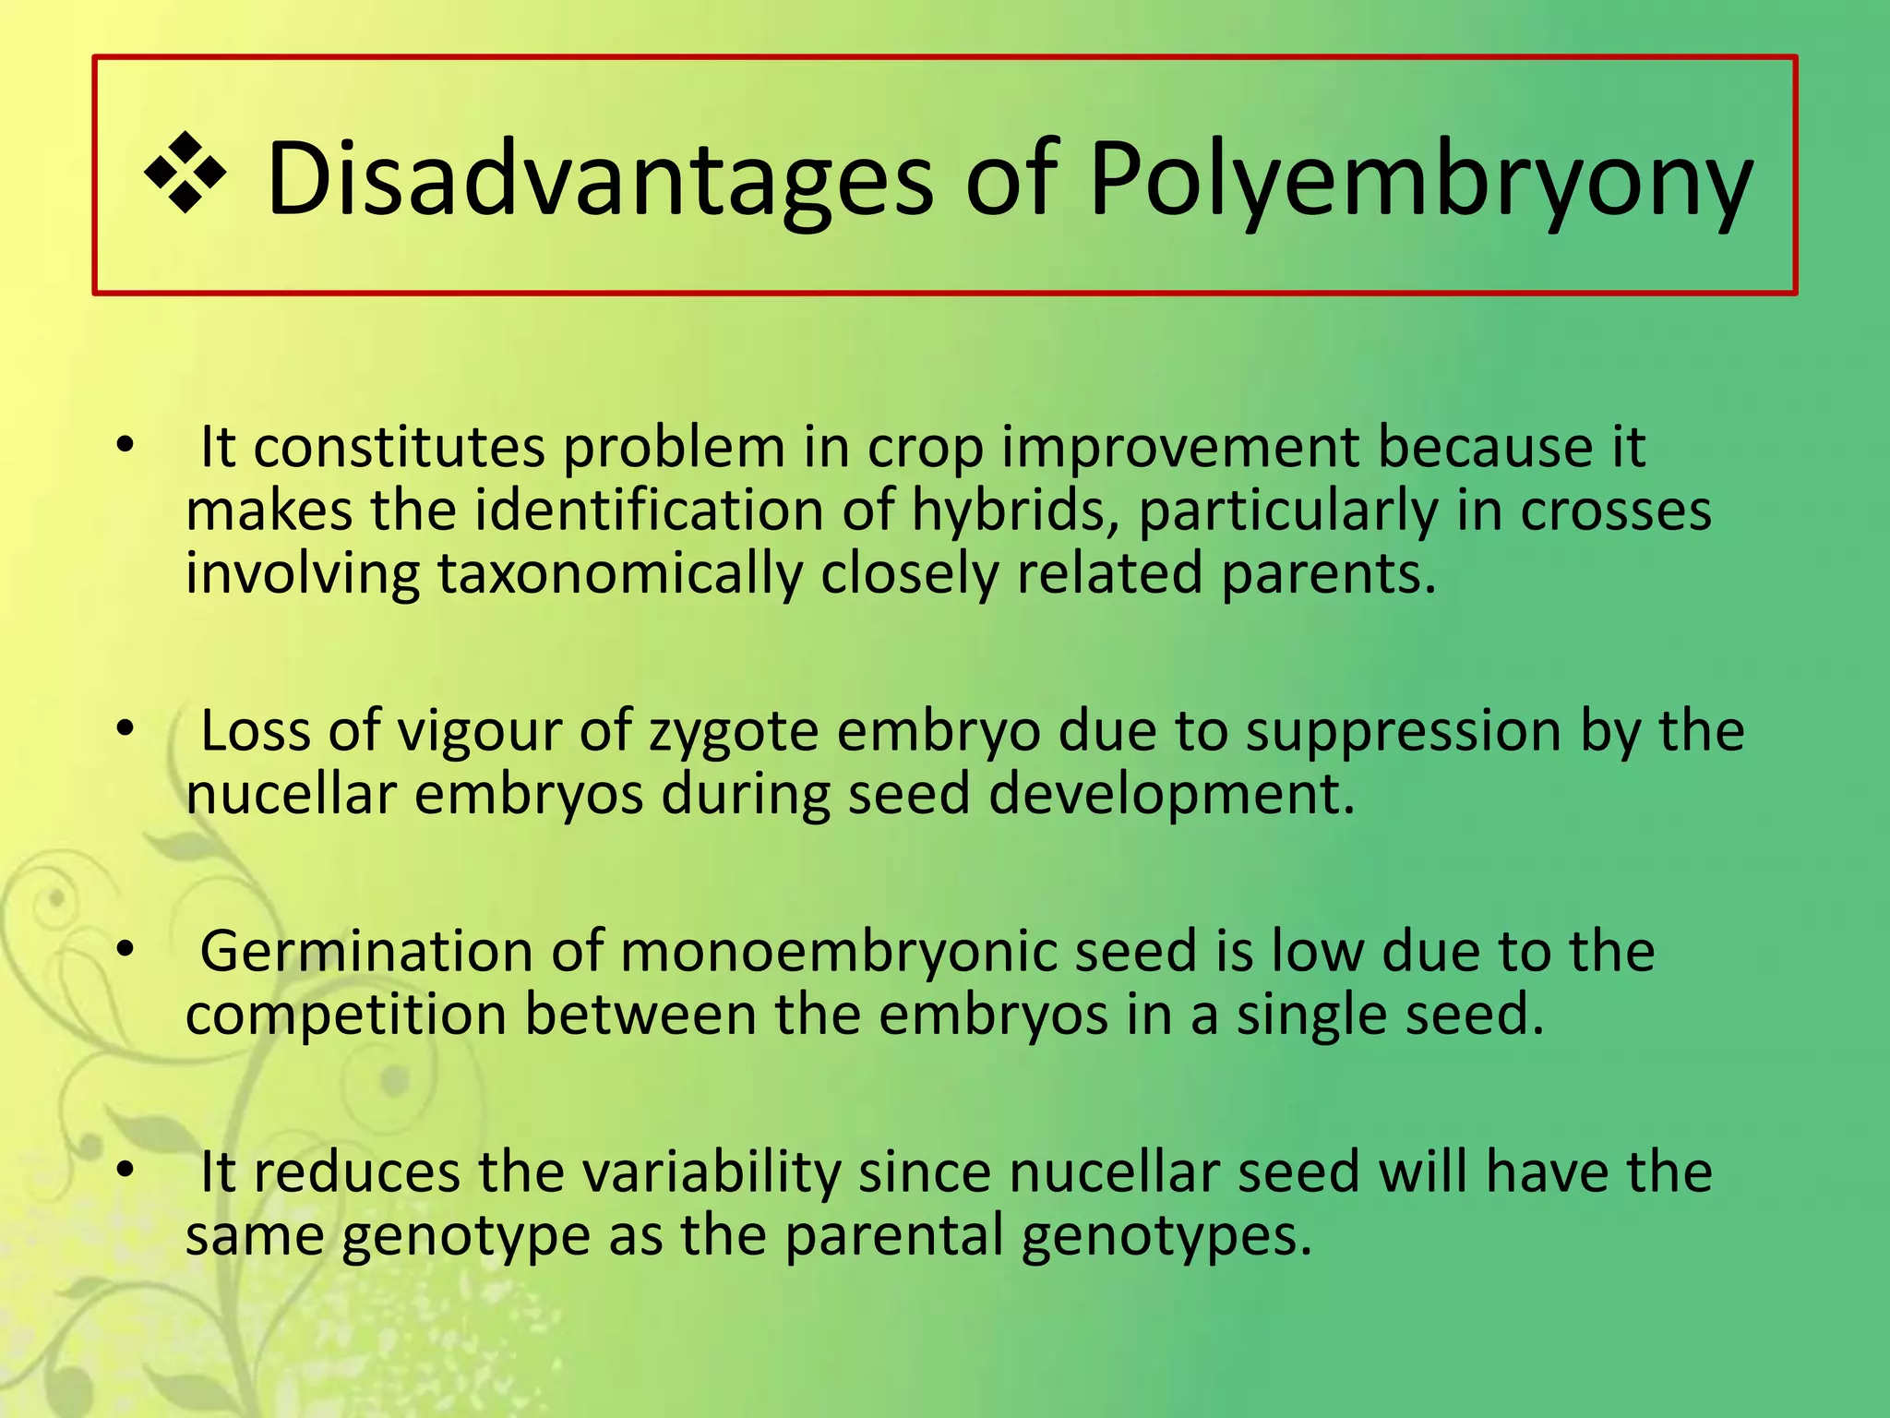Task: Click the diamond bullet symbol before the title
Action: [x=185, y=173]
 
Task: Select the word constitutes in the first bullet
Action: [x=399, y=449]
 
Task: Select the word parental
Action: [x=893, y=1236]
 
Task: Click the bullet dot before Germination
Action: [x=126, y=949]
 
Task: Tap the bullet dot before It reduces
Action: [x=126, y=1171]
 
